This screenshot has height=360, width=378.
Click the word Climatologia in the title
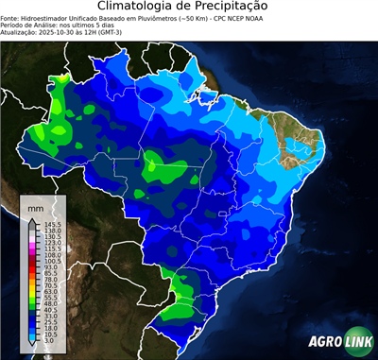(x=138, y=7)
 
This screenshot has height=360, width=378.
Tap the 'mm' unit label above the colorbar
(x=35, y=206)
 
